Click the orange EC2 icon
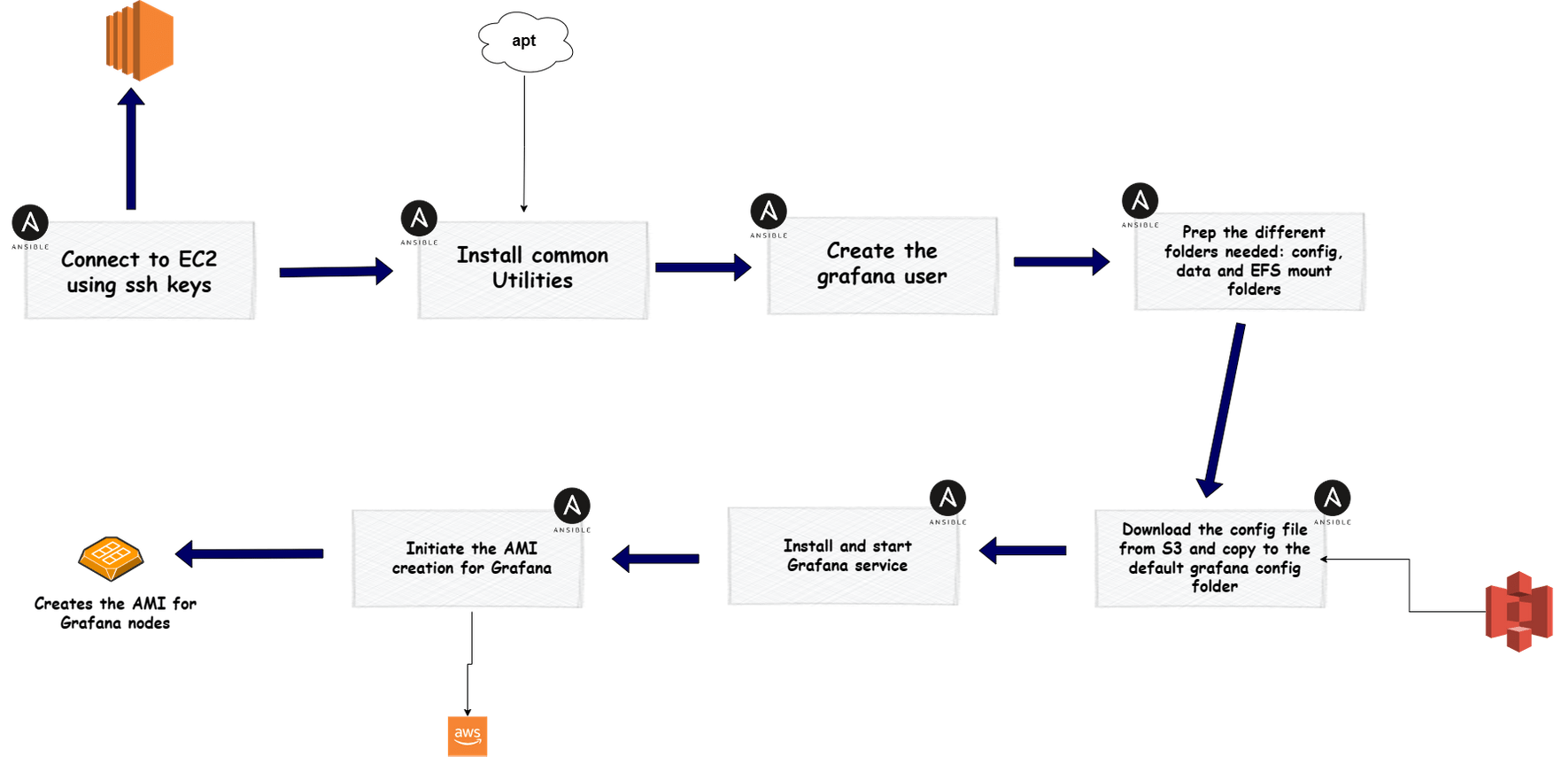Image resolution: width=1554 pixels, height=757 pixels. pos(139,41)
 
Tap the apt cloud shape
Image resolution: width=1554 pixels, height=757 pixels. pos(524,41)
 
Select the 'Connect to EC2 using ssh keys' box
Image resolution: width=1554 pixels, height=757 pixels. pos(140,271)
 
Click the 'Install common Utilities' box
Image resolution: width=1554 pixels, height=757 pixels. pos(533,269)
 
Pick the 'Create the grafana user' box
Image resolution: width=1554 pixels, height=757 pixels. pos(882,265)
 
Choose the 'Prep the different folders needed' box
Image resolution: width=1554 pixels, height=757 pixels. pos(1249,261)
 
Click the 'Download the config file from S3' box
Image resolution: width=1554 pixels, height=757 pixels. pos(1210,559)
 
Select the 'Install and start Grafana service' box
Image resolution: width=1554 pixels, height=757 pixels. pos(844,556)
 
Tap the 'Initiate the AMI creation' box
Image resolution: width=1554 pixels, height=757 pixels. pos(468,559)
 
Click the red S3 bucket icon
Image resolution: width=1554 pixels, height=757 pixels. pos(1519,612)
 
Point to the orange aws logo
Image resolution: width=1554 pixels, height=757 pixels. pos(468,736)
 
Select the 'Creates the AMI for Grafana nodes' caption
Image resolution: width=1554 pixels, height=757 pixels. pos(115,614)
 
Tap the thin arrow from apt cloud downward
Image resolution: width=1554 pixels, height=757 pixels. pos(524,142)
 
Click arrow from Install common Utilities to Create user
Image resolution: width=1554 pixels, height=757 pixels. pos(702,266)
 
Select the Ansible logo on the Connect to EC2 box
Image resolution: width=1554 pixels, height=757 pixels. pos(30,222)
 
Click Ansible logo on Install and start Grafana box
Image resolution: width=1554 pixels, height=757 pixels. pos(947,498)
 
